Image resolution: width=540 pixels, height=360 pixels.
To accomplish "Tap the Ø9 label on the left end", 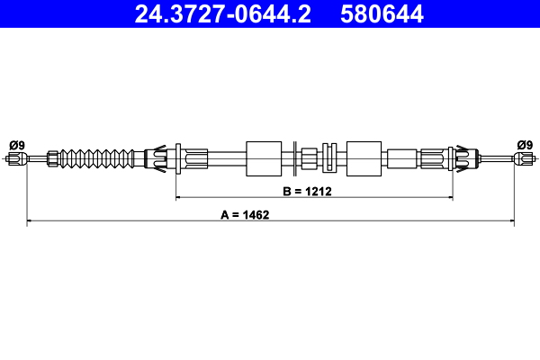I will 16,145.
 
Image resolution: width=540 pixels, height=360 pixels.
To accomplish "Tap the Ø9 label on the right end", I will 524,145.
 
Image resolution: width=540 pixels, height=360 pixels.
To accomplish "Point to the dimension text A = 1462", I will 246,215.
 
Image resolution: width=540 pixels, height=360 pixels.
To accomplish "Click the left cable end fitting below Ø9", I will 13,159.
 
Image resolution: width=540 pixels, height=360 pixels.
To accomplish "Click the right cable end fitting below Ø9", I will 521,159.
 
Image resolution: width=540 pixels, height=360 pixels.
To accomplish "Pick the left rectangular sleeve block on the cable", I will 264,159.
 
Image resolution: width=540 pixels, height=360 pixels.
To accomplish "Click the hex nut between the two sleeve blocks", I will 308,159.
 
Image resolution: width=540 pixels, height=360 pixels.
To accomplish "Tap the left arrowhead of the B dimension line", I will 179,196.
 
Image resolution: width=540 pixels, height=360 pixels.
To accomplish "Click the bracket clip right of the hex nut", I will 329,159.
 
